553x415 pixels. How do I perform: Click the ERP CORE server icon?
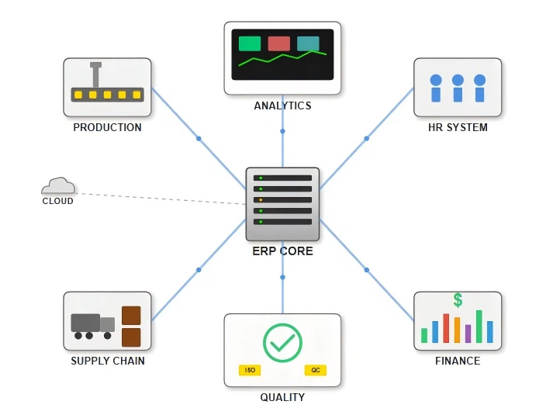coord(282,204)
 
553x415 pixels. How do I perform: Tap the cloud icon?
coord(58,185)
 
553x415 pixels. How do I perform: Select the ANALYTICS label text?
coord(282,105)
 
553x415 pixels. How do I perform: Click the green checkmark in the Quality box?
coord(282,342)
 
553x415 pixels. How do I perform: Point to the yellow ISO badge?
coord(250,371)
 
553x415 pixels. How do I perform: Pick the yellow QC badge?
coord(316,371)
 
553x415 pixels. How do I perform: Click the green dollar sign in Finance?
coord(458,300)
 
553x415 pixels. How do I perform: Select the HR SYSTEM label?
coord(458,127)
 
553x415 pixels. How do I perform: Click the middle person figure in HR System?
coord(458,88)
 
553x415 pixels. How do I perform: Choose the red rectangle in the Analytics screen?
coord(278,43)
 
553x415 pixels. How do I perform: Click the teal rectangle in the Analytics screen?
coord(308,43)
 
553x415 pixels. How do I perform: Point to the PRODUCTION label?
coord(107,127)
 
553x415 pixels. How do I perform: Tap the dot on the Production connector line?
coord(199,139)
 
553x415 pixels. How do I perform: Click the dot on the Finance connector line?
coord(367,270)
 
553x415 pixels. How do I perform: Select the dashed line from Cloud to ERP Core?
coord(163,198)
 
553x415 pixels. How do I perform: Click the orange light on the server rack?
coord(261,199)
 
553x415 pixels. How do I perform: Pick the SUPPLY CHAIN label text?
coord(107,361)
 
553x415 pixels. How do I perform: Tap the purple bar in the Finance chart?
coord(468,334)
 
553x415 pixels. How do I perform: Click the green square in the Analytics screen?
coord(250,43)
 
